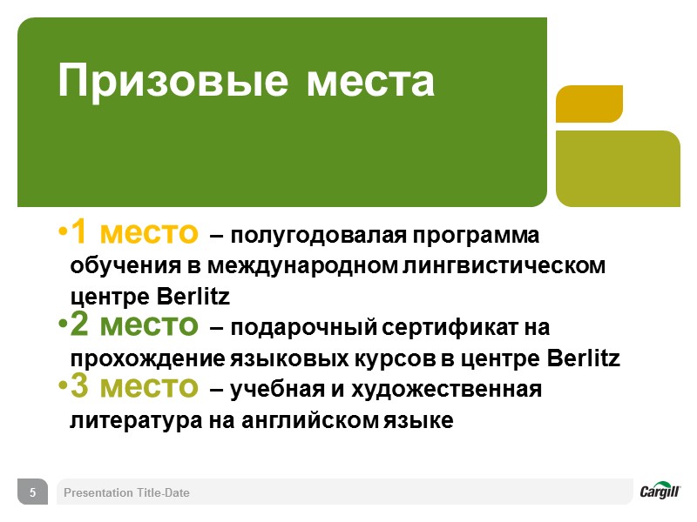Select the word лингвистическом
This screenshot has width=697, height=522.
tap(505, 267)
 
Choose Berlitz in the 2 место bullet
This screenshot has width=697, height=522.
tap(583, 358)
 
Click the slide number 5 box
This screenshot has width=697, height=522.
tap(33, 492)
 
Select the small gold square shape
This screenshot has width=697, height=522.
tap(589, 104)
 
